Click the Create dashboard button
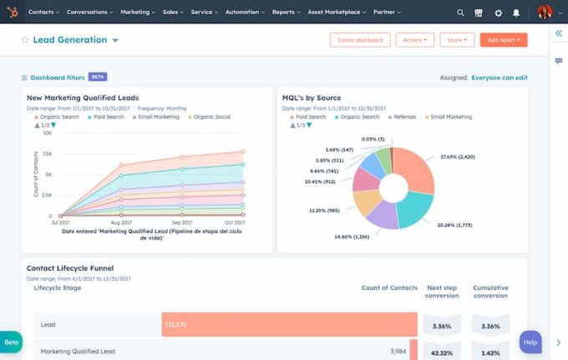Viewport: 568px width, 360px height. coord(360,40)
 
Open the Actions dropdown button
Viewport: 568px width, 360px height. coord(416,40)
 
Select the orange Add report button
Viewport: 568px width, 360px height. coord(503,40)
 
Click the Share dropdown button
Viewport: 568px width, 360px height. coord(457,40)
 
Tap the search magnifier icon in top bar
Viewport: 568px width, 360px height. coord(460,13)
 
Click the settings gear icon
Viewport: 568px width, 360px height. coord(498,13)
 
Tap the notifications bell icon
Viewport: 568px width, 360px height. coord(516,13)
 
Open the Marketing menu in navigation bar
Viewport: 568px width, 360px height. coord(137,13)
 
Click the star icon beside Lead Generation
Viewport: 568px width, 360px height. coord(25,40)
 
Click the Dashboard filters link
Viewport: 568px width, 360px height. coord(57,78)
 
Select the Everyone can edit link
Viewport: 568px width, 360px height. coord(499,78)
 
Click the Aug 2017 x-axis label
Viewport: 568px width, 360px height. coord(121,223)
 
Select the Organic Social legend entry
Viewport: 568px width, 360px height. coord(211,117)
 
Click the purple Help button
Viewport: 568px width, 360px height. coord(530,342)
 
